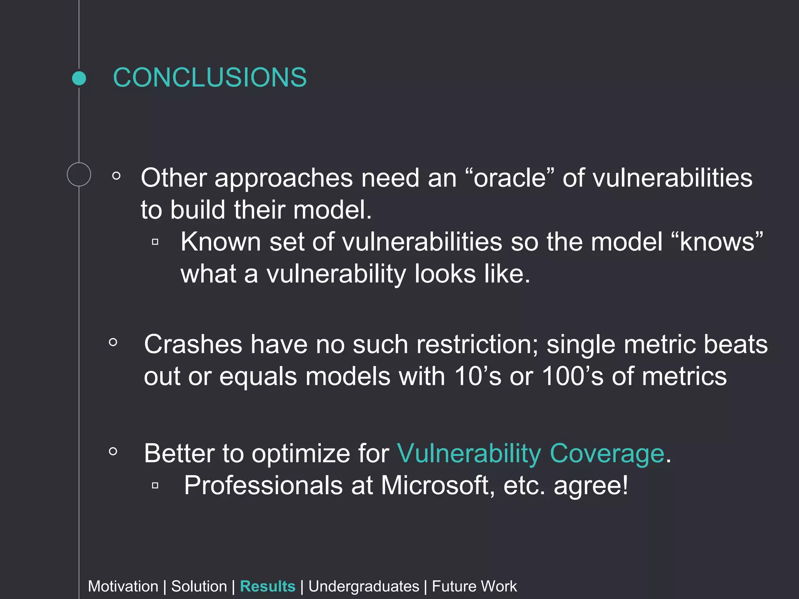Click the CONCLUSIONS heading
pos(210,77)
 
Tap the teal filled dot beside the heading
pos(79,78)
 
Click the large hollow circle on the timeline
pos(79,174)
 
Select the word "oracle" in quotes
pos(510,178)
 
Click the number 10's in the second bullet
pos(478,377)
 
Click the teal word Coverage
pos(607,454)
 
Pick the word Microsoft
pos(435,486)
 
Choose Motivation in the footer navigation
pos(123,587)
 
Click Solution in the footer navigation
pos(199,587)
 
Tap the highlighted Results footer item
pos(268,587)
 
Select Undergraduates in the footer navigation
pos(364,587)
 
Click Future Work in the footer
pos(474,587)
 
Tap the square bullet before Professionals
pos(155,486)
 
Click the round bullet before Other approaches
pos(116,176)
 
